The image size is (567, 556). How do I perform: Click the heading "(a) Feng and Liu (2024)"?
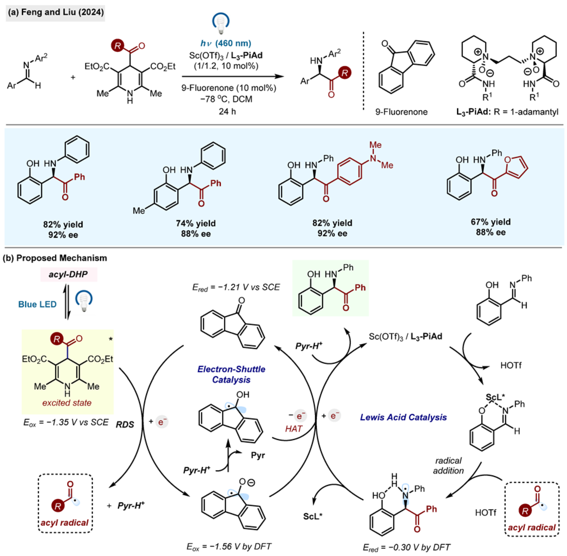[x=56, y=12]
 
